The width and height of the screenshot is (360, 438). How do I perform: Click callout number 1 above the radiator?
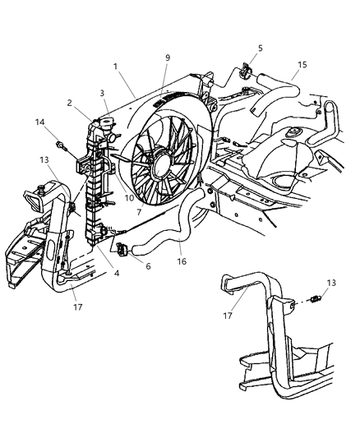(115, 65)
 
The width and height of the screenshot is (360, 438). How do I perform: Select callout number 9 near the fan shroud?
(168, 58)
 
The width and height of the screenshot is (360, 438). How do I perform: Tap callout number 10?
(128, 197)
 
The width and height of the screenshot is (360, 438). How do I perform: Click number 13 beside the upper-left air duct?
(44, 160)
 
